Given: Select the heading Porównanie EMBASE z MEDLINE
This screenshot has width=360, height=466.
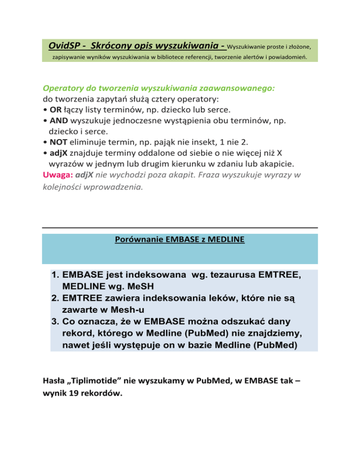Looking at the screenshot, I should [180, 241].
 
